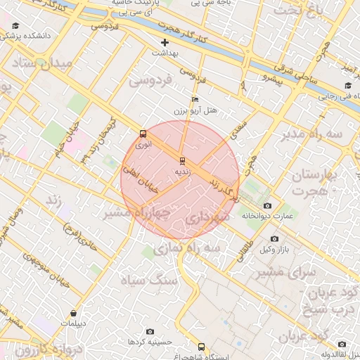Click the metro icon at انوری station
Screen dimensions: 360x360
click(143, 133)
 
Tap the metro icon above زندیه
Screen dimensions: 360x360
click(183, 160)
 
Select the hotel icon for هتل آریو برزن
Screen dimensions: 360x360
click(195, 100)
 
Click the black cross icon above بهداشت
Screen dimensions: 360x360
click(165, 43)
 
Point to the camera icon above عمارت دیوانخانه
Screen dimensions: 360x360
click(267, 205)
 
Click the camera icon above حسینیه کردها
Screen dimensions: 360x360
click(150, 331)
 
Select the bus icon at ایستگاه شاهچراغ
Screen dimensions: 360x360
click(202, 347)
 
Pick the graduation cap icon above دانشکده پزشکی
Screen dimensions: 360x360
click(15, 26)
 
